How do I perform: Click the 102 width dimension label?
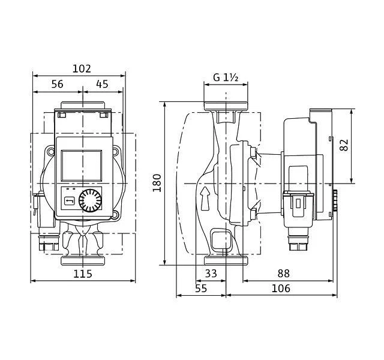click(x=82, y=68)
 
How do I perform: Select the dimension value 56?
click(x=57, y=85)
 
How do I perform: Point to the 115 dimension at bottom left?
click(x=82, y=274)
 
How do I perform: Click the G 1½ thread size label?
click(x=226, y=78)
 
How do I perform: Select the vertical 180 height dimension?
click(x=157, y=182)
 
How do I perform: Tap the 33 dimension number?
click(x=211, y=273)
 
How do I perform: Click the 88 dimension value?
click(x=283, y=273)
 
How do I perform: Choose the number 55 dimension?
click(x=200, y=289)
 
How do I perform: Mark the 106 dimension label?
click(x=280, y=289)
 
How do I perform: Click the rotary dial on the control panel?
click(x=91, y=199)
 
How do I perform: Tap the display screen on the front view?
click(x=81, y=163)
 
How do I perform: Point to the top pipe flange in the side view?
click(x=226, y=106)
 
